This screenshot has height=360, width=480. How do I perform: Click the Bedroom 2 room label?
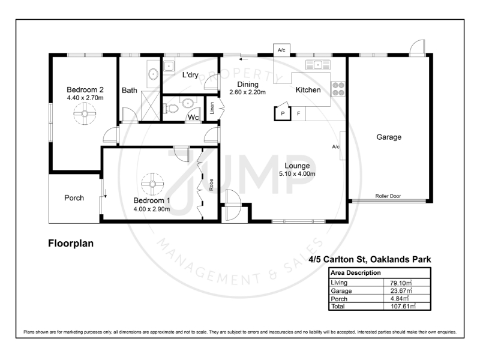coord(85,89)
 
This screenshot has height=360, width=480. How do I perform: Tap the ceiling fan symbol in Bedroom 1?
coord(152,184)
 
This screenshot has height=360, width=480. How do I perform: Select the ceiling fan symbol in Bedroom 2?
coord(85,113)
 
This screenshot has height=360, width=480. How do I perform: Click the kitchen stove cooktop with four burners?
coord(338,89)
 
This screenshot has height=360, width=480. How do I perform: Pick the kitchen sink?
coord(318,65)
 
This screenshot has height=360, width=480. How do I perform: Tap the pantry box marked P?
coord(283,113)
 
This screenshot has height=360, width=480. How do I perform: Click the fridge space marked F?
coord(298,113)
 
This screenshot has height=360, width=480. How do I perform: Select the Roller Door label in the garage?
coord(388,196)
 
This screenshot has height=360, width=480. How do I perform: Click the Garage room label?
coord(389,137)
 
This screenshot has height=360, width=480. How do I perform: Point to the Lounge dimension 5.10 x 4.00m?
coord(297,174)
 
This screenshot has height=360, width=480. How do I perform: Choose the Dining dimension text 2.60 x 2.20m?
coord(247,92)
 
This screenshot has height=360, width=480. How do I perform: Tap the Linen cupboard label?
coord(212,108)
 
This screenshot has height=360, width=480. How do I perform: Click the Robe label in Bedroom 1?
coord(211,185)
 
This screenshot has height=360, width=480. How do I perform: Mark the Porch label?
coord(74,198)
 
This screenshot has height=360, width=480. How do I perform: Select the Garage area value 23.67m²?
coord(401,290)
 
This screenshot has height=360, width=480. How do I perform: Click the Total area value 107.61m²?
coord(403,306)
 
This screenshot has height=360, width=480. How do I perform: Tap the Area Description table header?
coord(356,272)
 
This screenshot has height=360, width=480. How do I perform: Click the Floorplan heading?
coord(71,244)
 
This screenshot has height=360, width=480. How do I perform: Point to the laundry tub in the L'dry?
coord(169,66)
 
